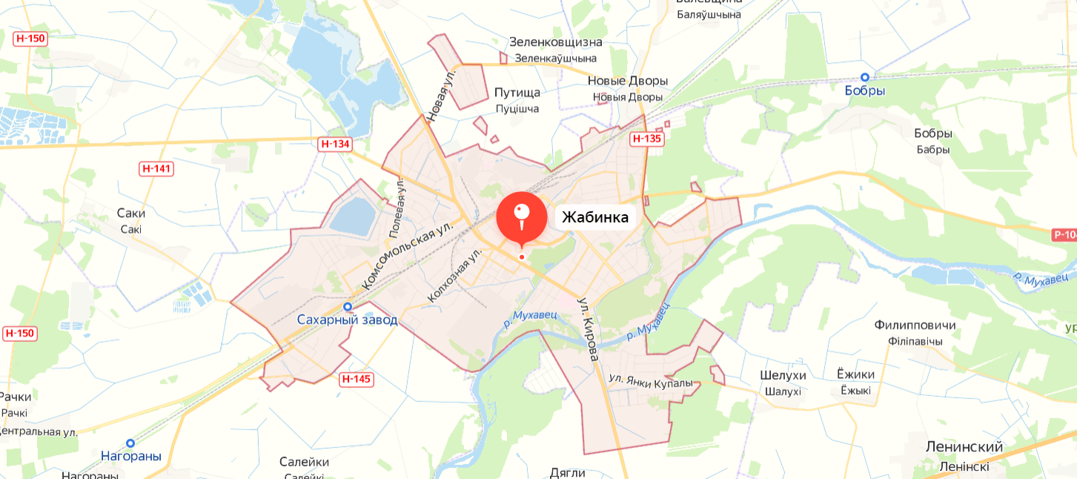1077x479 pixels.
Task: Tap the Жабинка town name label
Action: [595, 217]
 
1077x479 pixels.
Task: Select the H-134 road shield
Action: [334, 144]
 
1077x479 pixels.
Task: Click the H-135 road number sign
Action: [646, 139]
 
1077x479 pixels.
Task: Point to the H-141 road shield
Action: [156, 168]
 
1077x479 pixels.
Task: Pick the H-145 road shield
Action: [357, 380]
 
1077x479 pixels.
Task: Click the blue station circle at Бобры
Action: [864, 77]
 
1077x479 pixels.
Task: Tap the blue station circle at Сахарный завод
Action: [347, 306]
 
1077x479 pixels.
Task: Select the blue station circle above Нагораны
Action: [130, 443]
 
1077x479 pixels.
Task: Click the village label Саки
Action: [131, 214]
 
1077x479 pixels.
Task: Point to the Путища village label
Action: [517, 93]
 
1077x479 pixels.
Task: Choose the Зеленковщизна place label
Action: [556, 42]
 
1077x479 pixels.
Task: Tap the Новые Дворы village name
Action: [628, 81]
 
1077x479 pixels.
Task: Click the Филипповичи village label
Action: [915, 326]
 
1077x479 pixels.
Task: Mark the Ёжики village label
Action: [855, 374]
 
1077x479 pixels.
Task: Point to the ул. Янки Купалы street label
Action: [651, 381]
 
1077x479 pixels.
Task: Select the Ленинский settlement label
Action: [964, 447]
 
